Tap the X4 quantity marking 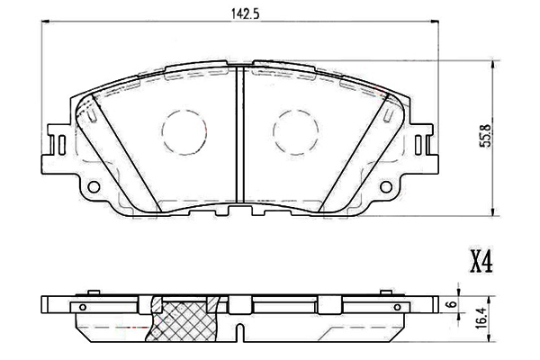(481, 261)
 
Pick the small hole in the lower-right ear (388, 186)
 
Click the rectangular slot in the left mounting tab (57, 144)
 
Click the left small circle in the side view (83, 306)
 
